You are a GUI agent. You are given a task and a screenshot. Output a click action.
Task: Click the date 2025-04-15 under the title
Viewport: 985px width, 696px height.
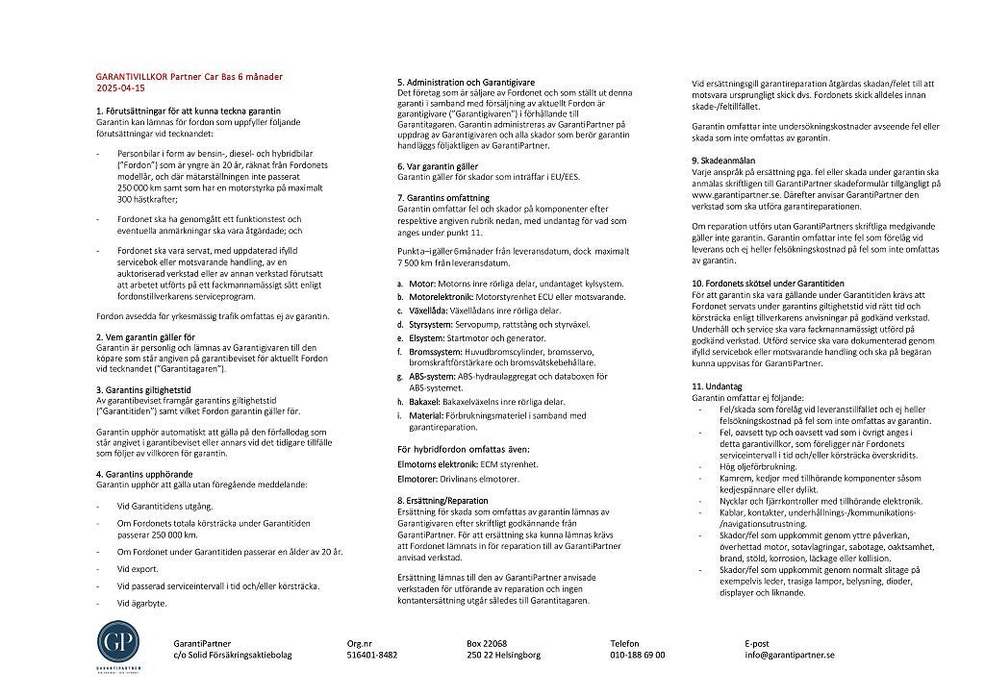coord(120,87)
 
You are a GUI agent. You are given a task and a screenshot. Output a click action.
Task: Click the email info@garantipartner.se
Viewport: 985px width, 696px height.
coord(789,655)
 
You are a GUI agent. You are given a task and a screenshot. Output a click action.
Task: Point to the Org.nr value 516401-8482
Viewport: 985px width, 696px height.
coord(371,655)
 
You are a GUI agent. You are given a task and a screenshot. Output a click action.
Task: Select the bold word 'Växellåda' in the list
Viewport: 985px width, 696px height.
coord(428,311)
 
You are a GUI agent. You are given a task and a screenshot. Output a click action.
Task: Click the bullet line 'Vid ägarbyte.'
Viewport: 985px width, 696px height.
coord(140,603)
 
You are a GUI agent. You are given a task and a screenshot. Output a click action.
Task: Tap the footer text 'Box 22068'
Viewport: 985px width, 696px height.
coord(487,643)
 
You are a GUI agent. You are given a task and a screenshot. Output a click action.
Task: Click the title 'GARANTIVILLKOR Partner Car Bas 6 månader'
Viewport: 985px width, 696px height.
coord(189,76)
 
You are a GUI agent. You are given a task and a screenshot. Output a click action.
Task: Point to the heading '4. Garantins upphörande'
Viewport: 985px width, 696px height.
coord(145,474)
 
